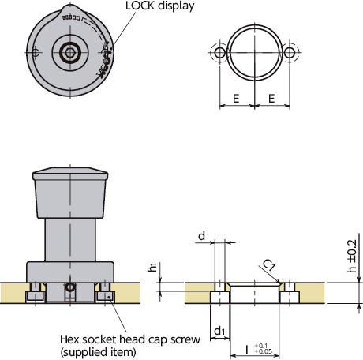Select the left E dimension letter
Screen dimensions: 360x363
tap(236, 101)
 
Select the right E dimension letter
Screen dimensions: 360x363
tap(273, 101)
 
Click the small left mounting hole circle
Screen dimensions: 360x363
tap(219, 52)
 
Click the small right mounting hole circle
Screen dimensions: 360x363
tap(290, 52)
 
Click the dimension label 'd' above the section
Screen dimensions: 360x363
tap(202, 236)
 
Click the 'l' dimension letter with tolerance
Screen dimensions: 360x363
tap(248, 348)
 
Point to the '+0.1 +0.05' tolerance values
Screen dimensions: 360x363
tap(264, 348)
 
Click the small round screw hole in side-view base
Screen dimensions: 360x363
tap(70, 289)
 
